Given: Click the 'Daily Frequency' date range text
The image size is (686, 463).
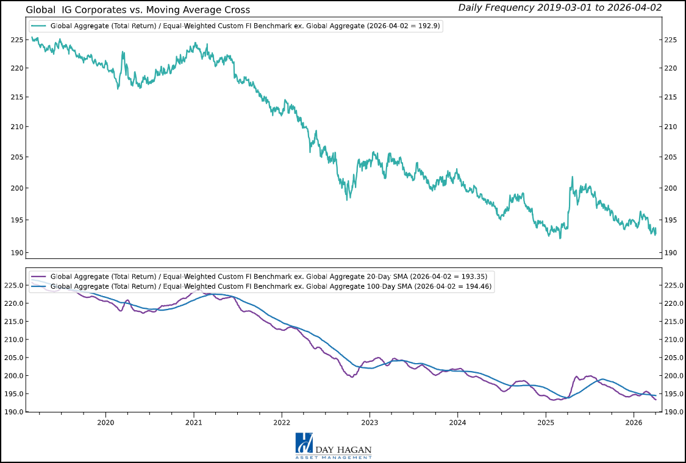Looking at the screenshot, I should point(559,7).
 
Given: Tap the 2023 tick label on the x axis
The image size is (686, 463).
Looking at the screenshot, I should point(370,422).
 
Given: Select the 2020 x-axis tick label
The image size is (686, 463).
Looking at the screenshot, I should point(105,422).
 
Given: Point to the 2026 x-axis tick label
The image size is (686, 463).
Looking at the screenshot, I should point(634,422).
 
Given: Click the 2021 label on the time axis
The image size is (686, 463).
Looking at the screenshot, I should point(193,422).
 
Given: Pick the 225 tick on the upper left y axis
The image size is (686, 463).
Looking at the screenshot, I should point(16,40).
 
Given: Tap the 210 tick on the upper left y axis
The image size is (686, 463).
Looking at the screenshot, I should point(16,127).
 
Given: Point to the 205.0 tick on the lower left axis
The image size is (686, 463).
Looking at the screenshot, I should point(13,358).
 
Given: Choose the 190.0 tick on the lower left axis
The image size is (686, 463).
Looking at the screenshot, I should point(13,412).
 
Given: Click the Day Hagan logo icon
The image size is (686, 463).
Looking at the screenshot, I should point(304,443).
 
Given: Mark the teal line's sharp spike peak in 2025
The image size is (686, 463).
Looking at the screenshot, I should point(573,177).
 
